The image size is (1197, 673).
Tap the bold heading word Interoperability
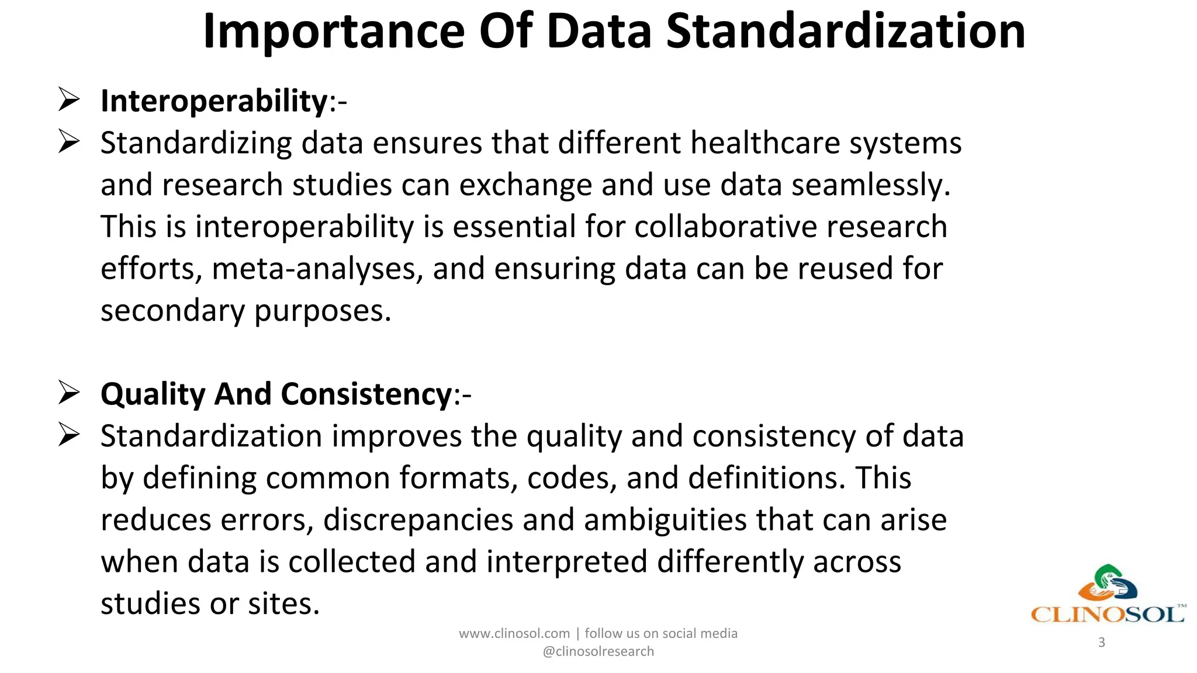214,101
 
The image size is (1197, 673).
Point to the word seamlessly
870,185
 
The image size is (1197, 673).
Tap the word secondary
172,311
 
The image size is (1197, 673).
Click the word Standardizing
196,143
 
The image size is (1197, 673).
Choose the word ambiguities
665,520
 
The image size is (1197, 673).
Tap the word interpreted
566,562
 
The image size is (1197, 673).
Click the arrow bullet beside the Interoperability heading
69,100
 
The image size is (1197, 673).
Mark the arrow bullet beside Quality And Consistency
69,393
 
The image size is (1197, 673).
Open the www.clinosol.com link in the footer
514,634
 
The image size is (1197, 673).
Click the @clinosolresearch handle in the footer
598,652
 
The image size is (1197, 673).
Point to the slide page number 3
1102,643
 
